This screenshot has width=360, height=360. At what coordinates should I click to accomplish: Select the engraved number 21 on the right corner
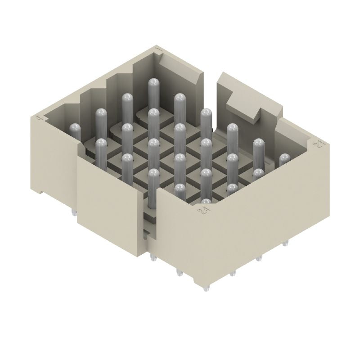320,144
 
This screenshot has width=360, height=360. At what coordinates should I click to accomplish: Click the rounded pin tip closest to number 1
153,83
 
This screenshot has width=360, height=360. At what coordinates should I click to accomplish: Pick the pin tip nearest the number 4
75,128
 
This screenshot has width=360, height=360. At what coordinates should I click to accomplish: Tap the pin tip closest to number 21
284,159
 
